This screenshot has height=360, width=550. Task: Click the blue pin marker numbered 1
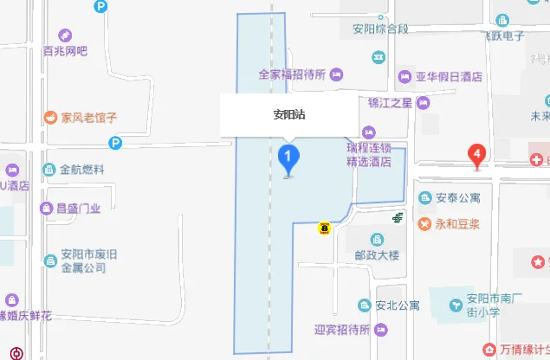coord(288,157)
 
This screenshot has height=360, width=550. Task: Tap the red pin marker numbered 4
coord(476,156)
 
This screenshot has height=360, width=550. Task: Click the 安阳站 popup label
coord(288,113)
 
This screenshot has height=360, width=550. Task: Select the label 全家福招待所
coord(291,75)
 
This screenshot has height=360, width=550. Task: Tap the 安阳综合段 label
coord(379,29)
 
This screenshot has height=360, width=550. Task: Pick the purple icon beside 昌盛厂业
coord(45,208)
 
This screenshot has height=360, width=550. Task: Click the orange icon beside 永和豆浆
coord(424,224)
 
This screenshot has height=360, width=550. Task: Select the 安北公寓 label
coord(398,305)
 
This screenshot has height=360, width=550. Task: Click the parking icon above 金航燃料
coord(114,144)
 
